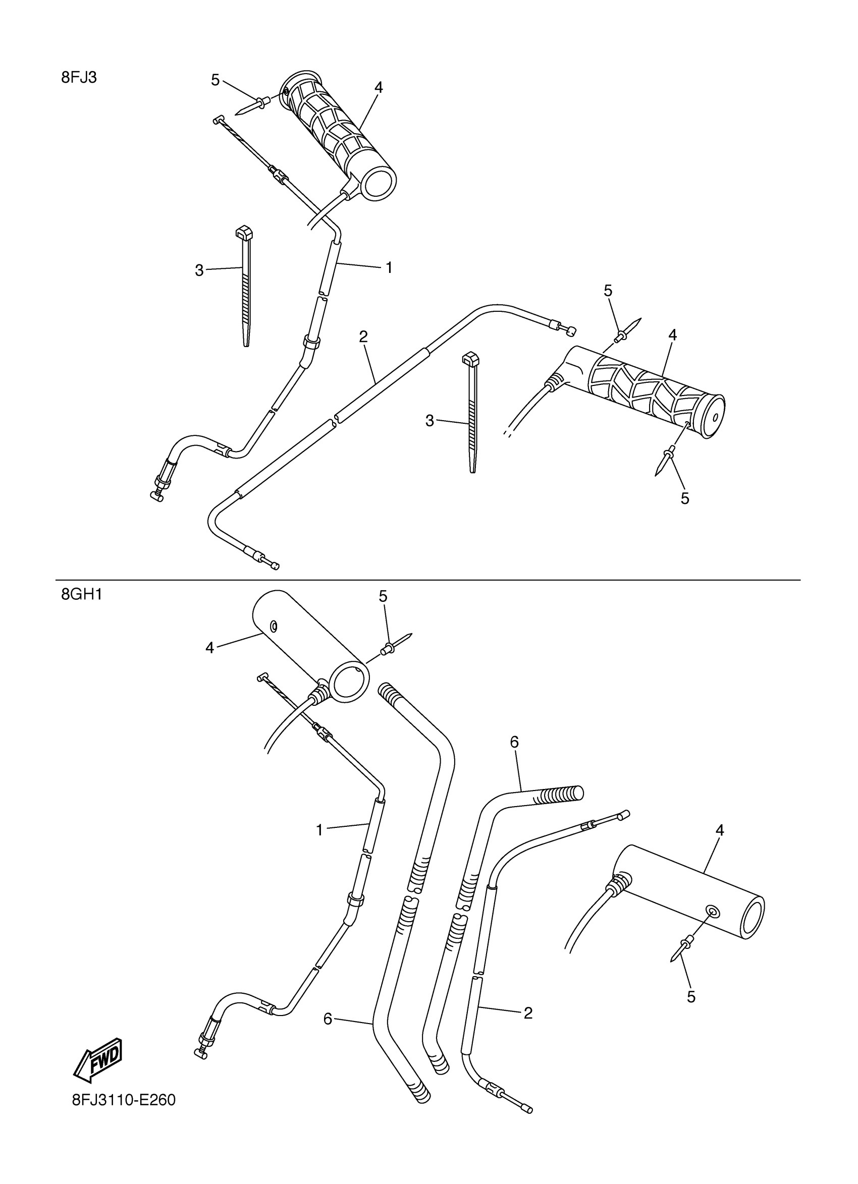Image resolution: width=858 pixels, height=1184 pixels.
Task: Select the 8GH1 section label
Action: tap(81, 594)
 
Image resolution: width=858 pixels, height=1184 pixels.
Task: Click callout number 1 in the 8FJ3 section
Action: tap(389, 268)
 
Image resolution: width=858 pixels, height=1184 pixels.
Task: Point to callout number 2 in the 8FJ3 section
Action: tap(363, 336)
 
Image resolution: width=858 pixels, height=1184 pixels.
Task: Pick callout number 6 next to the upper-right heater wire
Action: tap(514, 742)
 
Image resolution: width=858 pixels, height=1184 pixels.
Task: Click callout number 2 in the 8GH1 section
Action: tap(528, 1013)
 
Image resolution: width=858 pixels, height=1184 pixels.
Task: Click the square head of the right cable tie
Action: tap(470, 359)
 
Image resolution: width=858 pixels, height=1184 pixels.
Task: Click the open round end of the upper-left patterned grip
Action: tap(379, 184)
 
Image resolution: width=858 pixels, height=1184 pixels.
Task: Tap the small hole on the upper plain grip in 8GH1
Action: tap(272, 626)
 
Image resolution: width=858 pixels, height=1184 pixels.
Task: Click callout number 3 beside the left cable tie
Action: tap(199, 270)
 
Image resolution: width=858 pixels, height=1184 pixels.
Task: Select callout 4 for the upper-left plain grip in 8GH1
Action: tap(210, 648)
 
